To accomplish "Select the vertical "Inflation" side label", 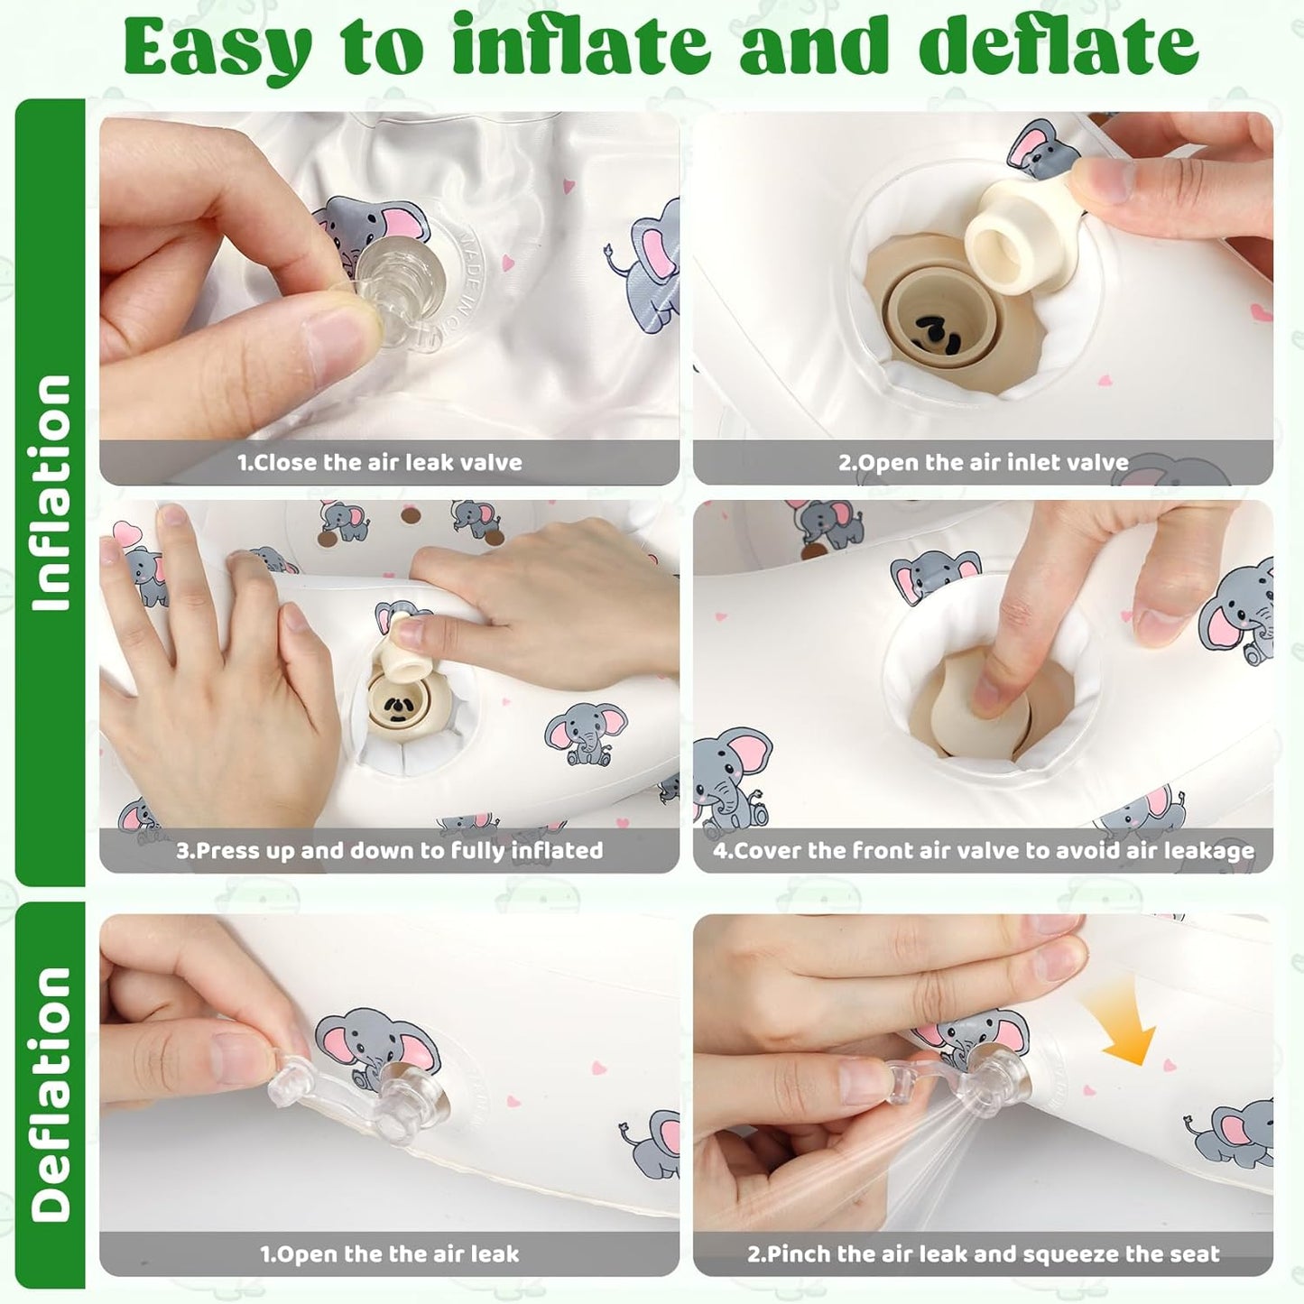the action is [x=50, y=492].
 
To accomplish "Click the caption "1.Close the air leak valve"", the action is [x=380, y=463].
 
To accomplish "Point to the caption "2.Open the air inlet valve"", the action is [x=984, y=463].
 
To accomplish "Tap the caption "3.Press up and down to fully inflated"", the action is [x=389, y=851].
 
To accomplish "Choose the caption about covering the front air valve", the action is [x=984, y=851].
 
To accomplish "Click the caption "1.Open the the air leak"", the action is [x=390, y=1235].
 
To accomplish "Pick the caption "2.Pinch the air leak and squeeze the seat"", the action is [x=984, y=1235].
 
